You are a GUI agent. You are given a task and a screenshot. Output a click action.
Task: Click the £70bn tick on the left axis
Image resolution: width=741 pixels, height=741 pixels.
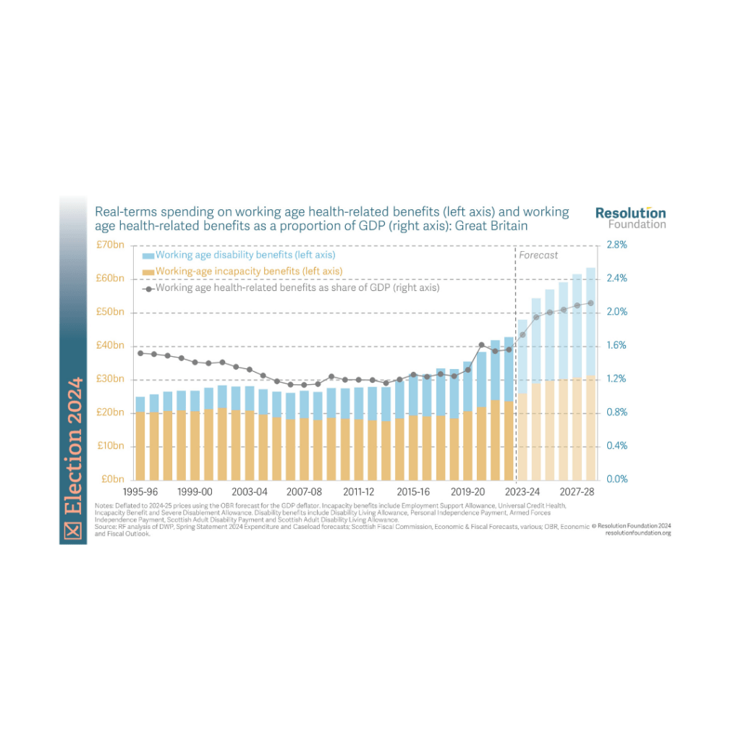[111, 245]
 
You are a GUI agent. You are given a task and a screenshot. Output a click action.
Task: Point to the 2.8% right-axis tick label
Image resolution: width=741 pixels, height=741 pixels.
[616, 245]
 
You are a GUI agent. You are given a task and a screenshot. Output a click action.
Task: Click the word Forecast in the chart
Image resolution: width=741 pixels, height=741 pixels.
[538, 255]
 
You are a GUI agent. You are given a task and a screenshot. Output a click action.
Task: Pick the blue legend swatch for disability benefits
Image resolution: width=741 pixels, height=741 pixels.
[148, 255]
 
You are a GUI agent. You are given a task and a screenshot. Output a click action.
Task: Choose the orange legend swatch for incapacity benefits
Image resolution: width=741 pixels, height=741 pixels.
[148, 271]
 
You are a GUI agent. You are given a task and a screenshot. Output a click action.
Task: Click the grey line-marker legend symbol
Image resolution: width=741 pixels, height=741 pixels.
[148, 288]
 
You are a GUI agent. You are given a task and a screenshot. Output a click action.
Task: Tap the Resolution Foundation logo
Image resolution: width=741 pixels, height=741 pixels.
[630, 217]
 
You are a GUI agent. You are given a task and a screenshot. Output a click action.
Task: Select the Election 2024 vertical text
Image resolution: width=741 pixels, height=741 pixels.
[72, 449]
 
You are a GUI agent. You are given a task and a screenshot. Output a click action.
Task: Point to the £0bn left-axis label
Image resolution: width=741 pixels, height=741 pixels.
[114, 479]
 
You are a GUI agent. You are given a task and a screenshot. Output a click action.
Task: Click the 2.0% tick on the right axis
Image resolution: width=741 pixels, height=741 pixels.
[616, 312]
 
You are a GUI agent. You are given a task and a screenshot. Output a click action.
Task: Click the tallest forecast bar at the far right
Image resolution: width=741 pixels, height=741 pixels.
[591, 373]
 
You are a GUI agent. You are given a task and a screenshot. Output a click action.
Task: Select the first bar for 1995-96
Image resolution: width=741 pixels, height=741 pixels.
[140, 438]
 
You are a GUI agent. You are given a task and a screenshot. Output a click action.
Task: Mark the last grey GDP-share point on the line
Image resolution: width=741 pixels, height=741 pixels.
[591, 303]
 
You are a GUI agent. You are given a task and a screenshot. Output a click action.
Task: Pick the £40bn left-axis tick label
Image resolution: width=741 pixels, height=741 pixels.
[111, 346]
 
